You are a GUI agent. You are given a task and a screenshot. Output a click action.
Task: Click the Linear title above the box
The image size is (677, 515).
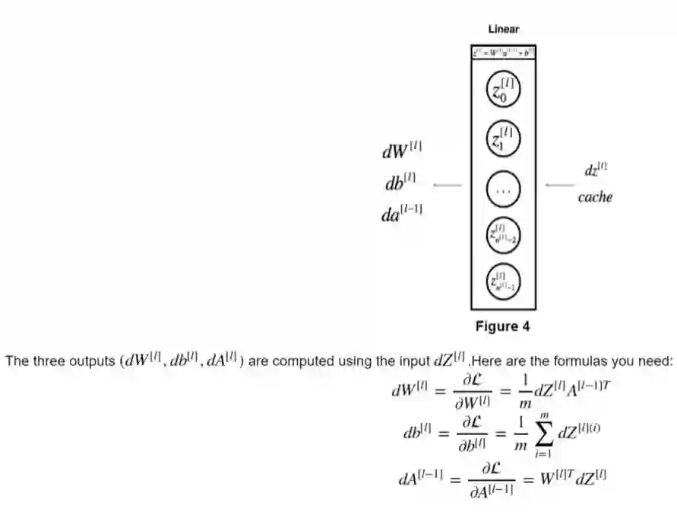pyautogui.click(x=503, y=30)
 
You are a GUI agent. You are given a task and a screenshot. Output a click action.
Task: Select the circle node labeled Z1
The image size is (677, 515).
pyautogui.click(x=503, y=138)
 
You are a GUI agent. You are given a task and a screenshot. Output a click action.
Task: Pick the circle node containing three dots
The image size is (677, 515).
pyautogui.click(x=503, y=189)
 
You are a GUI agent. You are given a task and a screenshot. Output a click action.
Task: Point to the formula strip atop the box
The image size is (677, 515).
pyautogui.click(x=503, y=52)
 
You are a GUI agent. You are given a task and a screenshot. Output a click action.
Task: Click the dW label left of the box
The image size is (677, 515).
pyautogui.click(x=402, y=151)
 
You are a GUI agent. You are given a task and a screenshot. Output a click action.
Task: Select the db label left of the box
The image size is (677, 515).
pyautogui.click(x=401, y=184)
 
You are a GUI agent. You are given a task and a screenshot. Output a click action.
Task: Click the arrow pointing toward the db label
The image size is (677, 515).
pyautogui.click(x=448, y=185)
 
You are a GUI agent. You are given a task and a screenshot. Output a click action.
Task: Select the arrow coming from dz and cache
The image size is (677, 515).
pyautogui.click(x=561, y=185)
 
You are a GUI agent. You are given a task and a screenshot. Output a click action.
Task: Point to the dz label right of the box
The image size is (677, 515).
pyautogui.click(x=596, y=172)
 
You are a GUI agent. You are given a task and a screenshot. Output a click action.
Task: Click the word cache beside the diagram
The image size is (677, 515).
pyautogui.click(x=595, y=198)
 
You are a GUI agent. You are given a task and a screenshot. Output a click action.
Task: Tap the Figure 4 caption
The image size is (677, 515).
pyautogui.click(x=502, y=327)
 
